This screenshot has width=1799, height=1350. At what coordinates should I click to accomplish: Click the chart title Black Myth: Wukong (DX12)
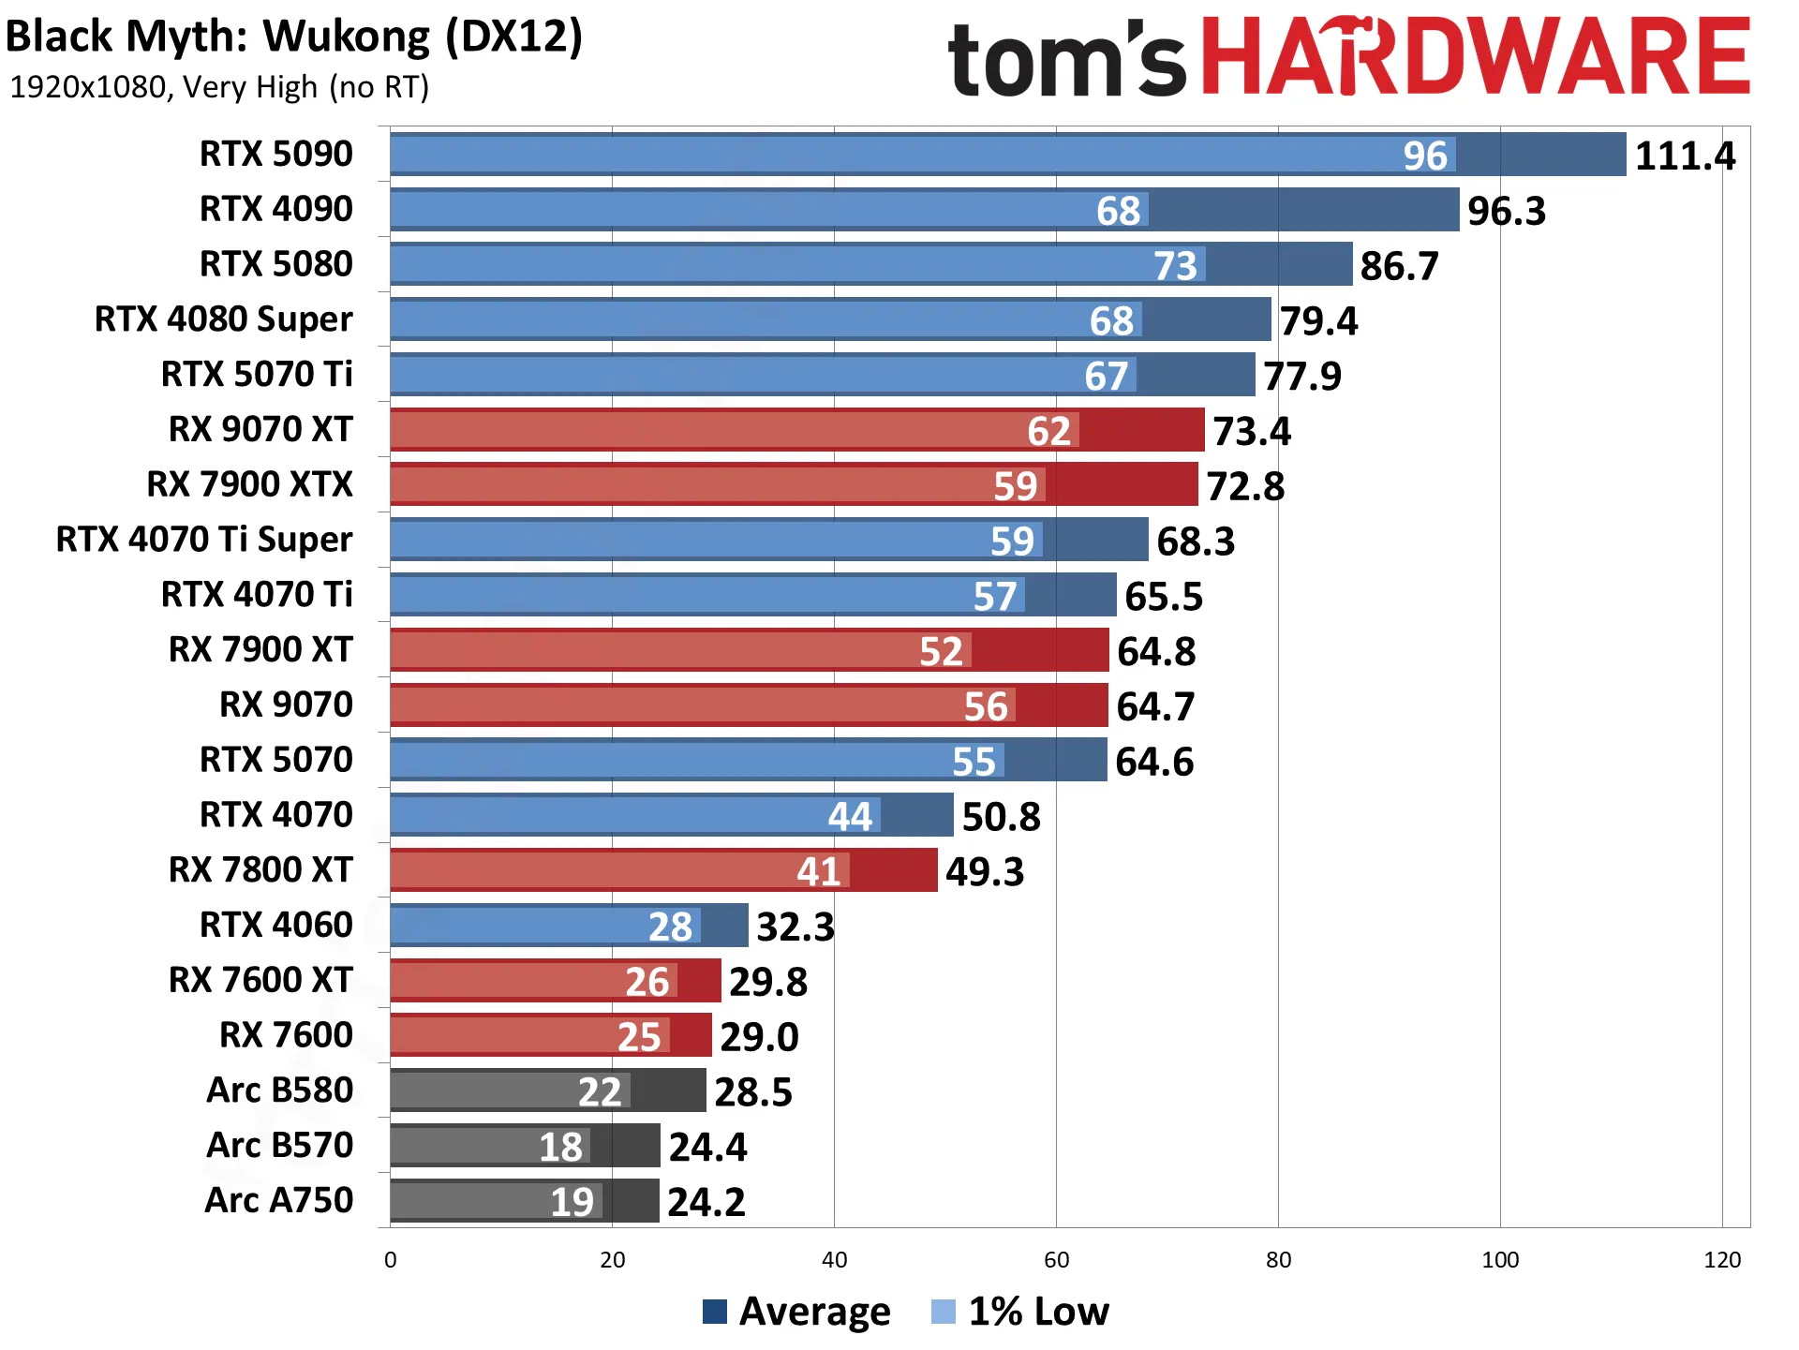point(294,37)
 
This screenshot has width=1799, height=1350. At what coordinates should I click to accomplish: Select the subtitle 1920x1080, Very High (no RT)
point(219,87)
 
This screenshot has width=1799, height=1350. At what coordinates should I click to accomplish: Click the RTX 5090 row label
point(276,154)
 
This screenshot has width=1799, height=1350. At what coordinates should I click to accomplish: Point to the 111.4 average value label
point(1685,156)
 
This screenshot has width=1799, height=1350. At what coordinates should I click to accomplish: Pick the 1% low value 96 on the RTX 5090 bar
point(1425,156)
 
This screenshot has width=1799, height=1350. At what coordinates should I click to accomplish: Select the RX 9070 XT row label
point(260,429)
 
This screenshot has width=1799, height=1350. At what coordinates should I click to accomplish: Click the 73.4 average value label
point(1252,431)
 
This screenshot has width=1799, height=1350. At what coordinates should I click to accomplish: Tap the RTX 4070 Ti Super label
point(204,540)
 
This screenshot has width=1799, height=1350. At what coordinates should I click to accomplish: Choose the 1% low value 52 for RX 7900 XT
point(941,651)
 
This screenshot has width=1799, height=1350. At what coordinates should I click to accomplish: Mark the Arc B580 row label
point(280,1090)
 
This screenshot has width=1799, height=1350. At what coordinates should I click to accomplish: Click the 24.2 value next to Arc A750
point(706,1202)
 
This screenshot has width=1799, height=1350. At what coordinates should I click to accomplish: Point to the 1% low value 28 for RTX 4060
point(670,927)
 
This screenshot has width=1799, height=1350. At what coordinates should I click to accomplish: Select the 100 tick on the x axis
point(1500,1260)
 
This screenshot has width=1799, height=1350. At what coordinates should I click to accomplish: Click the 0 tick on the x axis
point(391,1260)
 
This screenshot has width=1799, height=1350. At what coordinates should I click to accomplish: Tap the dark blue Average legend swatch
point(715,1312)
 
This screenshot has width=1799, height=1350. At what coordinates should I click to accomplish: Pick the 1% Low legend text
point(1038,1312)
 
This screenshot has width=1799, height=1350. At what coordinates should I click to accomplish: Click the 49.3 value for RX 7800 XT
point(985,871)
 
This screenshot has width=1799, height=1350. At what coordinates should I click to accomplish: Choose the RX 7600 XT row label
point(260,980)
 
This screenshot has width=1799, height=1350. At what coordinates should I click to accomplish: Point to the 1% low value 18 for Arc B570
point(560,1147)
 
